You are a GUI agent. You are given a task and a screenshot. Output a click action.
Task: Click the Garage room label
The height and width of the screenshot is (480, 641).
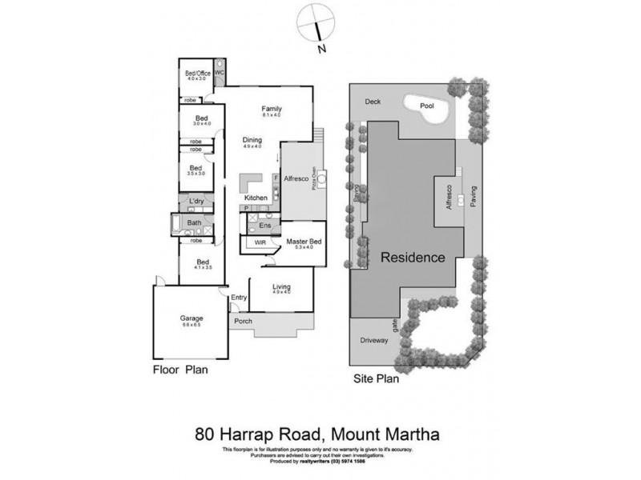tap(191, 319)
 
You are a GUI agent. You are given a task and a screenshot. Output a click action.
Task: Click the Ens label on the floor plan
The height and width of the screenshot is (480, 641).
tap(264, 226)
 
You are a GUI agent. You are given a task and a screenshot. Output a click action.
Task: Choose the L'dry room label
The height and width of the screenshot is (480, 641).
tap(196, 201)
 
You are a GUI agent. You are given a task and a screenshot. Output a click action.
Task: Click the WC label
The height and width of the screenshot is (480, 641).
tap(219, 73)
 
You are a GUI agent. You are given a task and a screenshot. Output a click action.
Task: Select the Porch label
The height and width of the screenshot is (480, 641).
tap(243, 322)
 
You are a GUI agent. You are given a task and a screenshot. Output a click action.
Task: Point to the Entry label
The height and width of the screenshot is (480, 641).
tap(239, 298)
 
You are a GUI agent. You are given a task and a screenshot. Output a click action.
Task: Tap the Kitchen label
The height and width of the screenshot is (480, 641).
tap(256, 197)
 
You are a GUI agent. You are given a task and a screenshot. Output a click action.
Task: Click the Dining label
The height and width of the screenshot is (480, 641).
tap(252, 140)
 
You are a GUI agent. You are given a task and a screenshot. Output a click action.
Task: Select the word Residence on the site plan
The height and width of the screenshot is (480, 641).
tap(412, 258)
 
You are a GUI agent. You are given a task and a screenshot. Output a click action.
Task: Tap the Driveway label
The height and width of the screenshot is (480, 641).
tap(373, 340)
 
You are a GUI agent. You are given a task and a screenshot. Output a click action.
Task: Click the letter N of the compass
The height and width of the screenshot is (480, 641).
tap(320, 49)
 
